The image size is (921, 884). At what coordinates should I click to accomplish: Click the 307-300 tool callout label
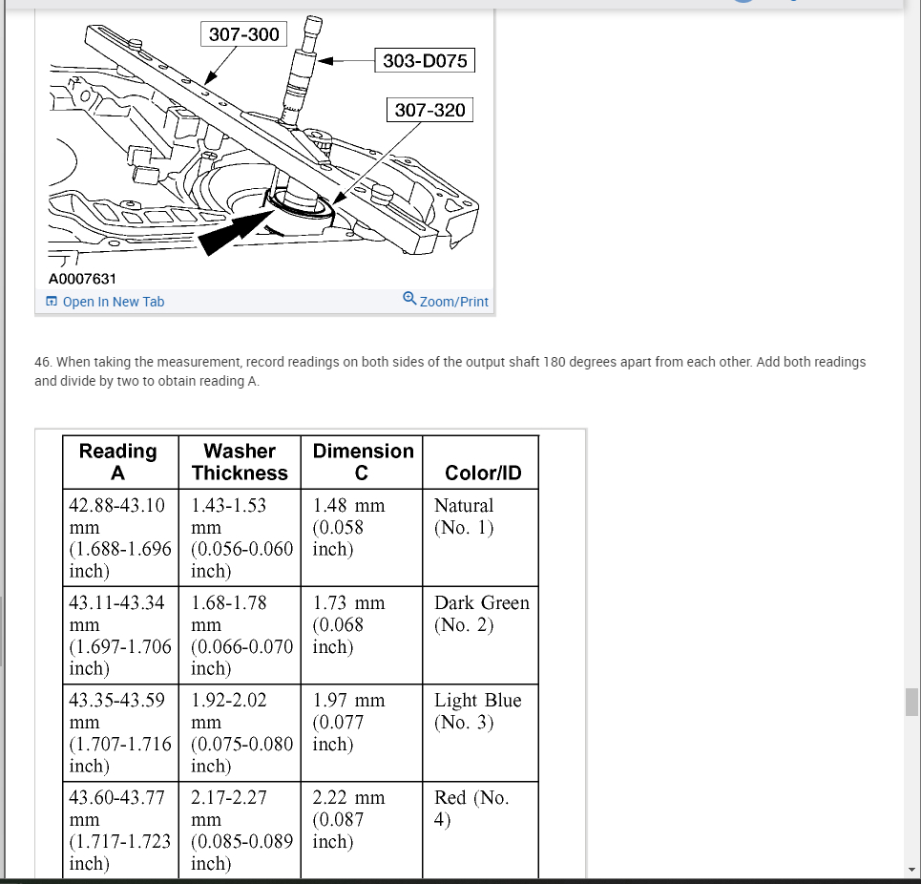pyautogui.click(x=244, y=34)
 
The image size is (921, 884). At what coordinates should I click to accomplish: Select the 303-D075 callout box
pyautogui.click(x=425, y=61)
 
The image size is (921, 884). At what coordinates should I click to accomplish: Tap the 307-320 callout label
pyautogui.click(x=429, y=110)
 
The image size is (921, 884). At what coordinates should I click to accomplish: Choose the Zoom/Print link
pyautogui.click(x=453, y=302)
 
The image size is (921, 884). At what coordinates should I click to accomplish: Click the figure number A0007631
pyautogui.click(x=82, y=279)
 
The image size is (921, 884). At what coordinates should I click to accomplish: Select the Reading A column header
pyautogui.click(x=117, y=462)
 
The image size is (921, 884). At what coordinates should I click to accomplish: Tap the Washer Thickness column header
pyautogui.click(x=240, y=462)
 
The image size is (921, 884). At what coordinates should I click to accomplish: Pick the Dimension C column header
pyautogui.click(x=363, y=462)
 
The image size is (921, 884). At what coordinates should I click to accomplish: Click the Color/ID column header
pyautogui.click(x=483, y=474)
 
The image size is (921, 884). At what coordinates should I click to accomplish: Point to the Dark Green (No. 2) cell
pyautogui.click(x=481, y=614)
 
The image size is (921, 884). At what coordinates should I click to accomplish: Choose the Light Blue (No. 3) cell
pyautogui.click(x=477, y=711)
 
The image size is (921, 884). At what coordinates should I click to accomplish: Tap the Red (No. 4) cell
pyautogui.click(x=471, y=809)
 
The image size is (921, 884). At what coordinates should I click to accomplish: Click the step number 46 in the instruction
pyautogui.click(x=42, y=362)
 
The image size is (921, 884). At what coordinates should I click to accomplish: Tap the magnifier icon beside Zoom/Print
pyautogui.click(x=409, y=299)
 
